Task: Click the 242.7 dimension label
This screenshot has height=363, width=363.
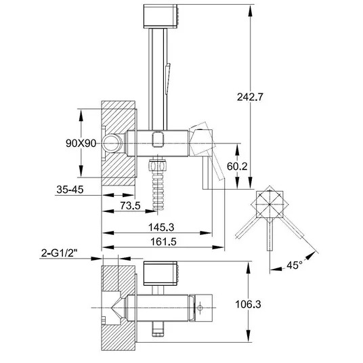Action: tap(250, 97)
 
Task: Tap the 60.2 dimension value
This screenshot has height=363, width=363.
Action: tap(237, 166)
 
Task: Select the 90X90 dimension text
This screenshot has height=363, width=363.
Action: tap(81, 144)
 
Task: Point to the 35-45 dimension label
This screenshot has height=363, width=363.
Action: tap(70, 190)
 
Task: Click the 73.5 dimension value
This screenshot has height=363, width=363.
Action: tap(130, 205)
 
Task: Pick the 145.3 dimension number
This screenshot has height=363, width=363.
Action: tap(161, 228)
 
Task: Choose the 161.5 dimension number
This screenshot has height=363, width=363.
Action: tap(163, 242)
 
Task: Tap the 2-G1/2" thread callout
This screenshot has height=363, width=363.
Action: tap(59, 253)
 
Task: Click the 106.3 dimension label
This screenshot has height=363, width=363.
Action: tap(248, 304)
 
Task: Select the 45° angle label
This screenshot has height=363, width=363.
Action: tap(295, 265)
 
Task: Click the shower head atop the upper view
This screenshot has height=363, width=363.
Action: tap(161, 16)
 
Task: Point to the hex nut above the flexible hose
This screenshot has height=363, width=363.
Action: tap(157, 165)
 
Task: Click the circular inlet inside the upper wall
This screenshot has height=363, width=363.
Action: tap(112, 144)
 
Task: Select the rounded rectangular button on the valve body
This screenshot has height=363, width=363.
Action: tap(158, 139)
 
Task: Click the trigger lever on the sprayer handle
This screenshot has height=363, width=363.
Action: tap(167, 79)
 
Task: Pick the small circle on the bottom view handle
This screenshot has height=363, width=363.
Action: tap(200, 308)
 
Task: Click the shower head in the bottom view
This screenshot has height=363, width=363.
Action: tap(161, 274)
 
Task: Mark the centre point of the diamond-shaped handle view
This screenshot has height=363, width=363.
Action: tap(270, 205)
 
